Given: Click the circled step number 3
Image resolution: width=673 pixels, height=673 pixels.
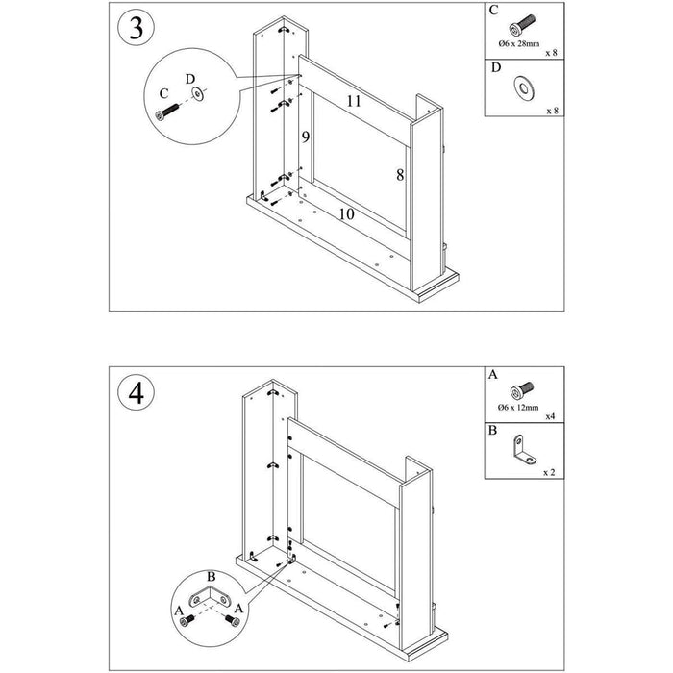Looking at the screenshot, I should tap(136, 28).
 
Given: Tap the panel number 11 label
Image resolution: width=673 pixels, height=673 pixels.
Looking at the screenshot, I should tap(353, 100).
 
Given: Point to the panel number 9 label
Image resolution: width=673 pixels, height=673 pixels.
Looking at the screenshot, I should tap(305, 137).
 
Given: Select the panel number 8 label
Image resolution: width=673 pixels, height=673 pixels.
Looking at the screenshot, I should tap(398, 174).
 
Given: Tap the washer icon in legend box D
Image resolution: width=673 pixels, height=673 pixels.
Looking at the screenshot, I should tap(523, 89).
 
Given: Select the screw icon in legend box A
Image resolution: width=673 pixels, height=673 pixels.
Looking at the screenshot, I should tap(523, 390).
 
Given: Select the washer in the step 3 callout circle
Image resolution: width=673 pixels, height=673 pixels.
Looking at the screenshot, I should tap(198, 94).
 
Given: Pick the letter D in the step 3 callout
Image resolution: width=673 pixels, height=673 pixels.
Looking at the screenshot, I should tap(189, 77).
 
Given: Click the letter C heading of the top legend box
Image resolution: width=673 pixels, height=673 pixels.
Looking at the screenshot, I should tap(494, 11).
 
